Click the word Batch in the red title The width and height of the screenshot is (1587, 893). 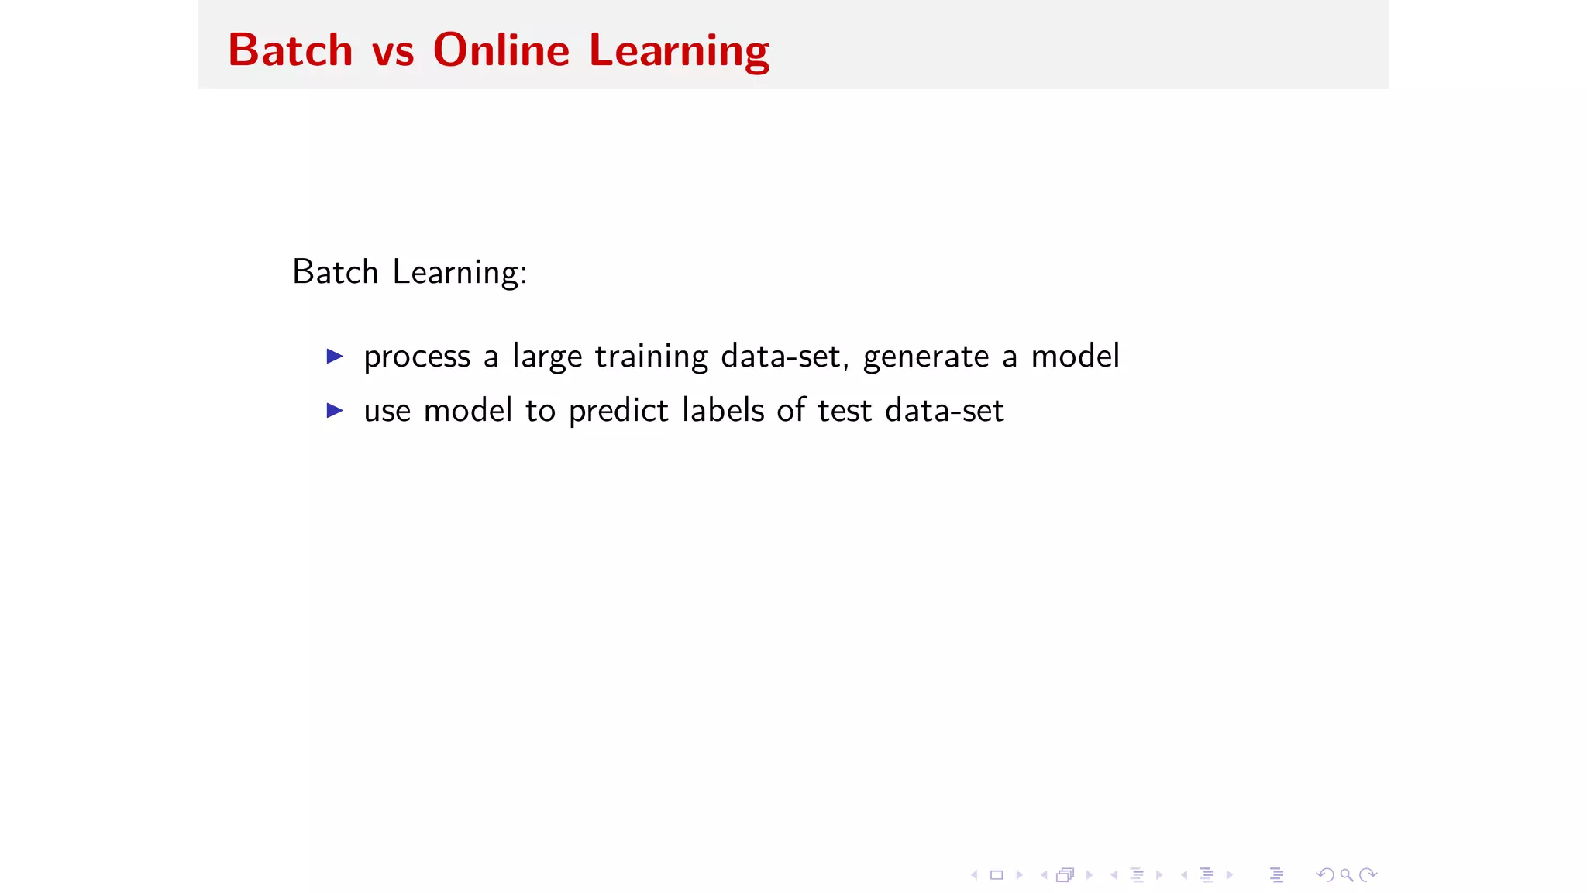pyautogui.click(x=291, y=50)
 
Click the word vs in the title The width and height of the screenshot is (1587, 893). pyautogui.click(x=393, y=52)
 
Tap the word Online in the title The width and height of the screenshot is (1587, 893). pyautogui.click(x=501, y=50)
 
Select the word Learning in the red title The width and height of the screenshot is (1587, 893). pyautogui.click(x=680, y=52)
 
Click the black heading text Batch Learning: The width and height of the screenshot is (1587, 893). pyautogui.click(x=410, y=273)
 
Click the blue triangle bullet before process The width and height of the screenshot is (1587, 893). pyautogui.click(x=335, y=357)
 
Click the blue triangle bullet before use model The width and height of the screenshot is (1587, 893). pyautogui.click(x=335, y=410)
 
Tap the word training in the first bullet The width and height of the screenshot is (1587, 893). pyautogui.click(x=651, y=357)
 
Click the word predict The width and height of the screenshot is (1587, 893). pyautogui.click(x=618, y=411)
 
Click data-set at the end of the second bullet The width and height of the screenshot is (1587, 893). pyautogui.click(x=944, y=410)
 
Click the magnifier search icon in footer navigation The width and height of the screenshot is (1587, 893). pyautogui.click(x=1347, y=875)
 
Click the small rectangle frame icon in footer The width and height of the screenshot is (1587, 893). pyautogui.click(x=997, y=875)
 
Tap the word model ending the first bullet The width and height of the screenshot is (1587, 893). pyautogui.click(x=1075, y=357)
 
